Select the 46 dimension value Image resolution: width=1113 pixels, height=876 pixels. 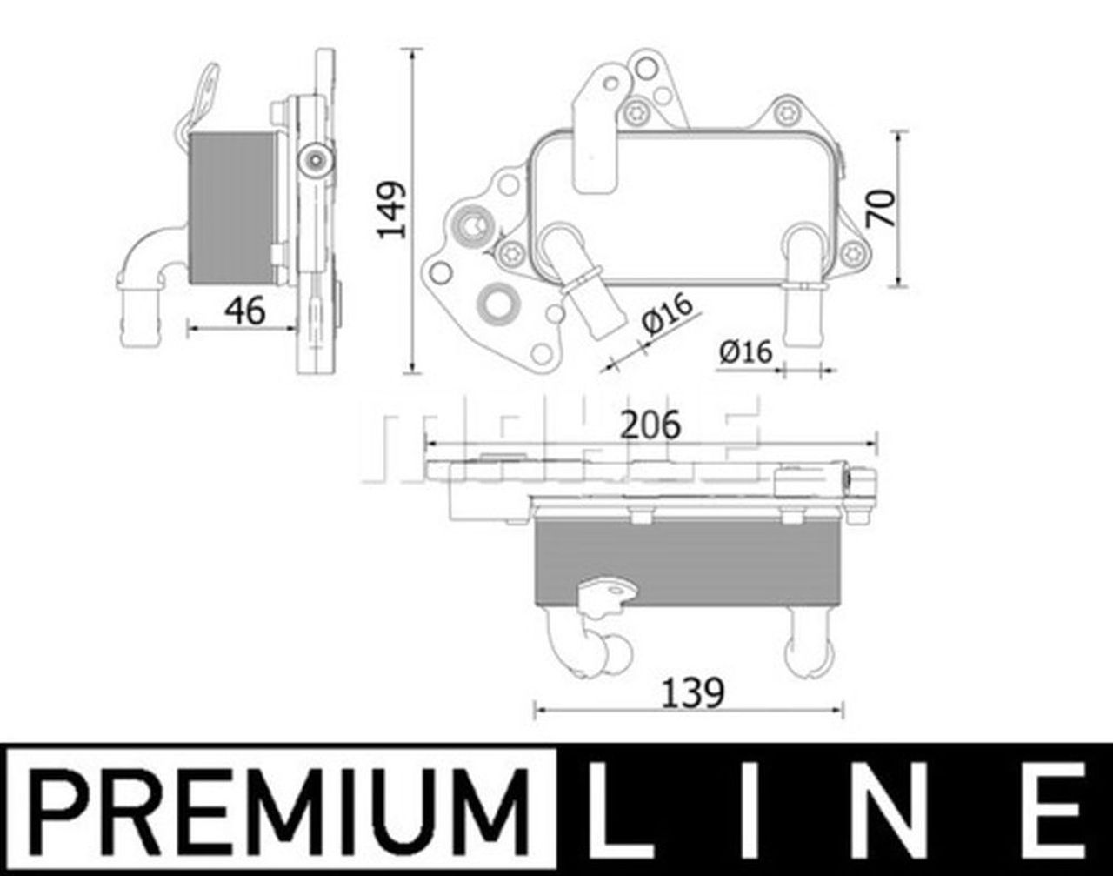pos(244,311)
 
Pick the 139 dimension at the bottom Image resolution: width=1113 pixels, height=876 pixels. pos(692,693)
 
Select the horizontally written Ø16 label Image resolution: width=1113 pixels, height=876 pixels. pos(745,351)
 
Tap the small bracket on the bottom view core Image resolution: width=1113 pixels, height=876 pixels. pos(606,595)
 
